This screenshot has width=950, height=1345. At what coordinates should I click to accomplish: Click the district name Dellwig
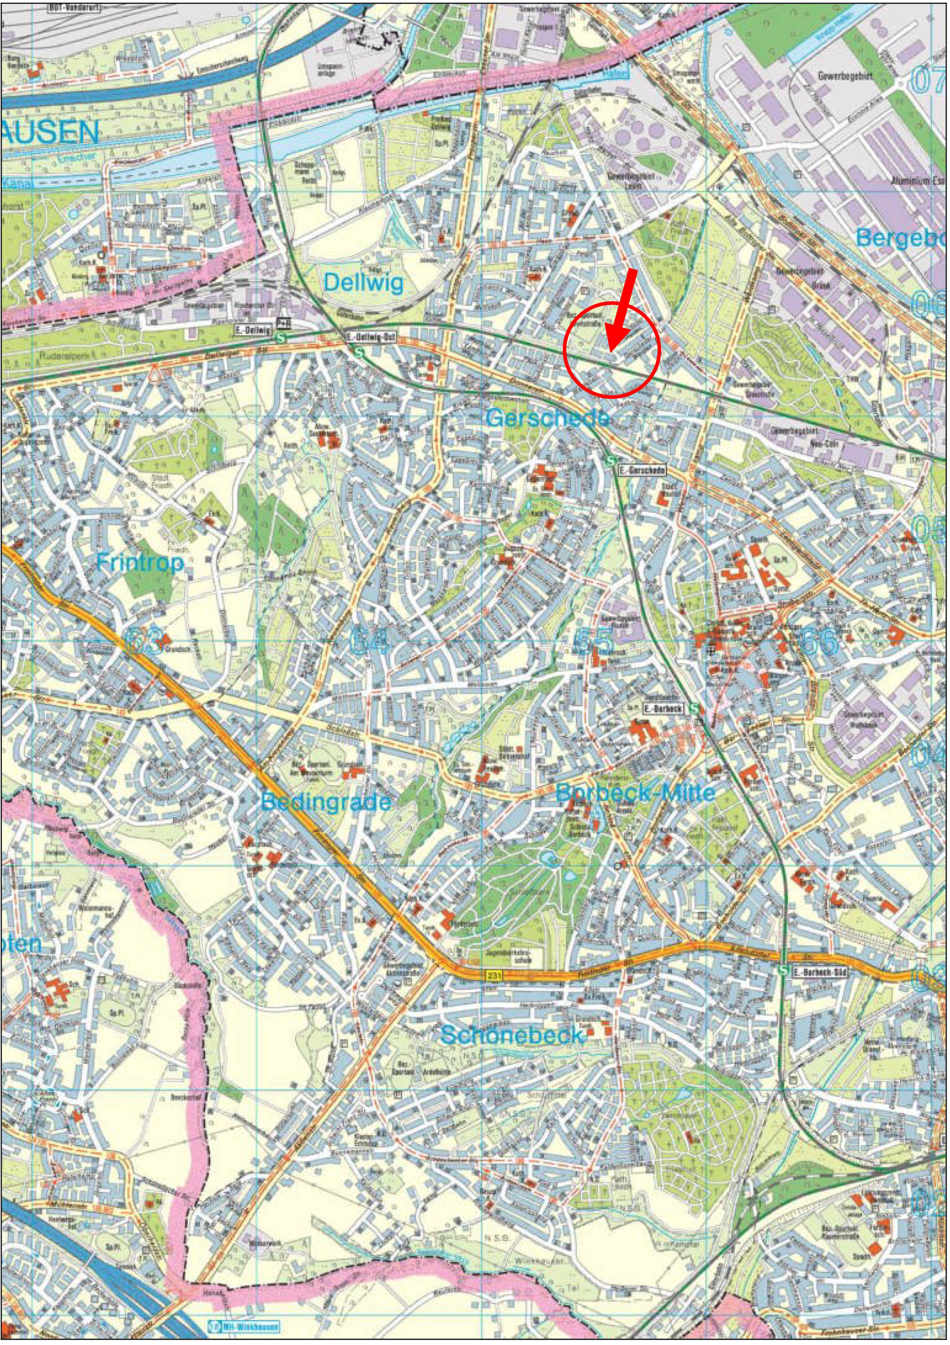point(363,283)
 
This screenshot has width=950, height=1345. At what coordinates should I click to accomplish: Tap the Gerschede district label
point(547,417)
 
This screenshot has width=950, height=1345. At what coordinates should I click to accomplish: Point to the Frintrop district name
point(140,563)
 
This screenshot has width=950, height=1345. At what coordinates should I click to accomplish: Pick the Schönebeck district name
point(512,1035)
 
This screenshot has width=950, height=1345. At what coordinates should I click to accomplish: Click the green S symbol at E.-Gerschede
point(611,461)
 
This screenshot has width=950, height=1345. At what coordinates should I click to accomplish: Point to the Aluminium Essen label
point(917,181)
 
